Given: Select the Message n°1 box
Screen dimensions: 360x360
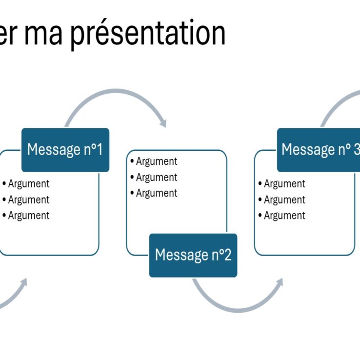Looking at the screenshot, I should pyautogui.click(x=65, y=149).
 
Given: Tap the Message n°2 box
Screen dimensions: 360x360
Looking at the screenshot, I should pyautogui.click(x=193, y=255).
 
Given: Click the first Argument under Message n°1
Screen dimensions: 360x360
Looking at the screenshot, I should pyautogui.click(x=28, y=184).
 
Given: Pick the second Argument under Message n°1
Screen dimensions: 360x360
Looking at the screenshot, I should pyautogui.click(x=28, y=200).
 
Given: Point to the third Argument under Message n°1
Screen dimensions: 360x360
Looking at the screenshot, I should pyautogui.click(x=28, y=216).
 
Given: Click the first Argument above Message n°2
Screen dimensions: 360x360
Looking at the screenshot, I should pyautogui.click(x=156, y=161).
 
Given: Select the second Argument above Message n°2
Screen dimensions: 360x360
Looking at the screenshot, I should pyautogui.click(x=156, y=178).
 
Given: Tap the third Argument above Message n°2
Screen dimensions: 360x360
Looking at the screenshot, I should pyautogui.click(x=156, y=193).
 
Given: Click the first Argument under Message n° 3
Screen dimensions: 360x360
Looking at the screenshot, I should pyautogui.click(x=284, y=184).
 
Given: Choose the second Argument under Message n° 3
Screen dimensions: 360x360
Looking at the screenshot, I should pyautogui.click(x=284, y=200).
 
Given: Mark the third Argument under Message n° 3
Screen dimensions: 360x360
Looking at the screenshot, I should pyautogui.click(x=284, y=216).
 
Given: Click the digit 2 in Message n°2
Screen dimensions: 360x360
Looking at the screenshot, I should pyautogui.click(x=227, y=255).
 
